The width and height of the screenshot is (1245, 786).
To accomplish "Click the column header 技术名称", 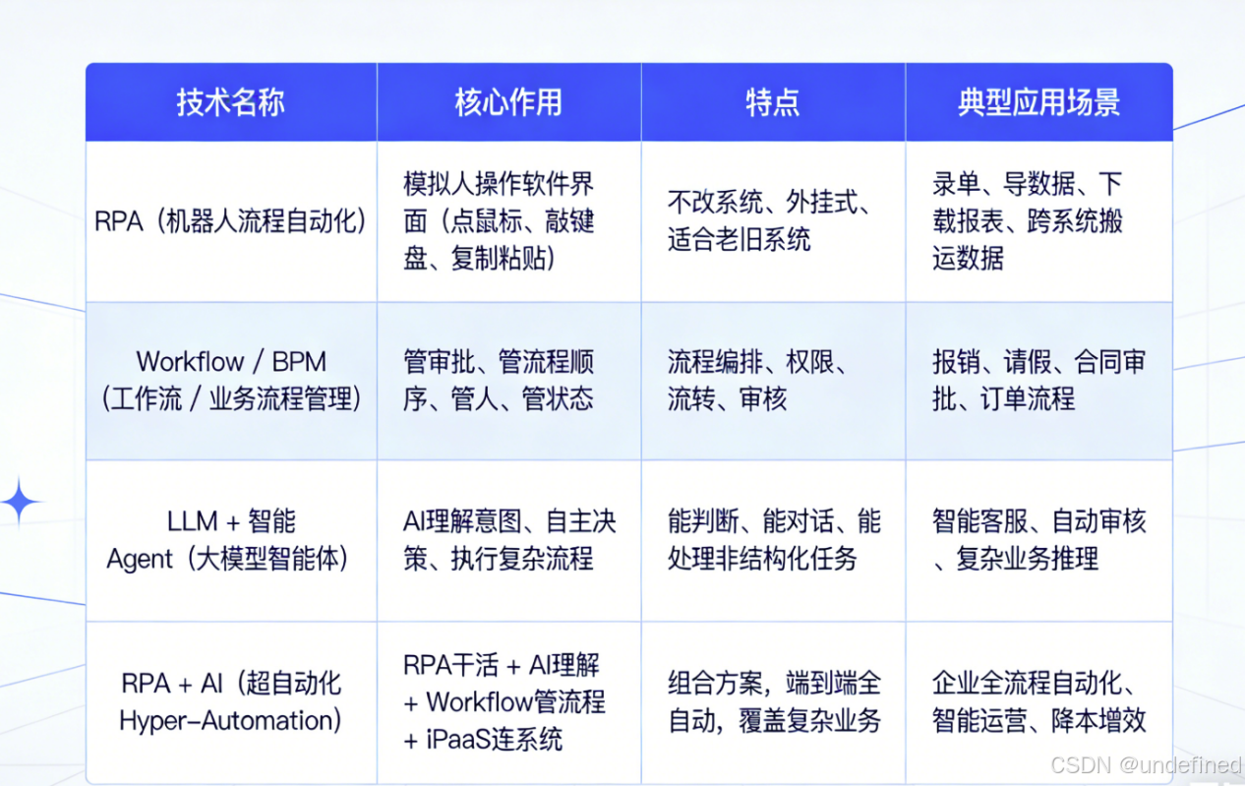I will click(x=230, y=102).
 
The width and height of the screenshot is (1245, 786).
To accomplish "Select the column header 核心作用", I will click(x=508, y=102).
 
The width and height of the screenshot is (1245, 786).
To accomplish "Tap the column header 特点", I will click(x=772, y=102).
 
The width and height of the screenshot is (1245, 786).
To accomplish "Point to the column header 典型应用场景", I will click(x=1038, y=102).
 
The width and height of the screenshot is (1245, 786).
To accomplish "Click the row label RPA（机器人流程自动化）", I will click(x=230, y=221).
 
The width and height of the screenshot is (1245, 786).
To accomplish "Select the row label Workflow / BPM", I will click(x=230, y=380).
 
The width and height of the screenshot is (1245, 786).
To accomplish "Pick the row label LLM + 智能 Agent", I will click(x=230, y=539).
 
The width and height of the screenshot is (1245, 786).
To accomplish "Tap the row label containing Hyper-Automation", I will click(x=230, y=701).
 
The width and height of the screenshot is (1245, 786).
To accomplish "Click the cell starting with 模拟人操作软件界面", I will click(x=499, y=221).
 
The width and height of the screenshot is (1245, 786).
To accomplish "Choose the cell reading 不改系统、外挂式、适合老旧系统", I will click(x=767, y=221).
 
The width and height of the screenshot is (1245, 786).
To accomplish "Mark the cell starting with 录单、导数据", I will click(x=1027, y=221).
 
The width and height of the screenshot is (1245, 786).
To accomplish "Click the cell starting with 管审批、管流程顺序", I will click(x=499, y=380).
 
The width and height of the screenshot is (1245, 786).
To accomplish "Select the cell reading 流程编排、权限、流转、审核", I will click(x=757, y=380).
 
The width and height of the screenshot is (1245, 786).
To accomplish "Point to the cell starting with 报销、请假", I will click(x=1037, y=380).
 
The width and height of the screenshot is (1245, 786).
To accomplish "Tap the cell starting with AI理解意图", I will click(x=508, y=539).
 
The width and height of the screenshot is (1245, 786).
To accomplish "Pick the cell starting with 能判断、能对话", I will click(x=773, y=539).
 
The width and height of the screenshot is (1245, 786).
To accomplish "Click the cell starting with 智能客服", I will click(x=1037, y=539).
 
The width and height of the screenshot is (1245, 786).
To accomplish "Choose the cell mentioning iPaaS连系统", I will click(x=504, y=702).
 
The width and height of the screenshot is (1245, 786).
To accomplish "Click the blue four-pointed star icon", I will click(x=20, y=503).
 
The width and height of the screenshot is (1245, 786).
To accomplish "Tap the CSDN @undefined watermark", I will click(x=1146, y=765).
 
